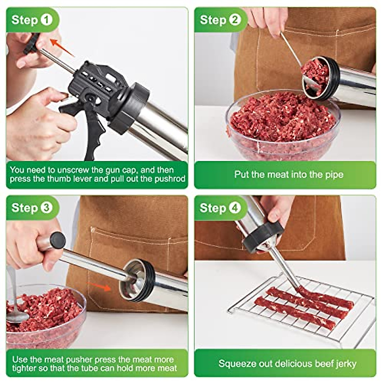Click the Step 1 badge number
(x=47, y=20)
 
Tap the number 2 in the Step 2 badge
(x=235, y=20)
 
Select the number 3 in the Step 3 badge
(x=47, y=208)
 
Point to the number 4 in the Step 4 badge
(x=235, y=208)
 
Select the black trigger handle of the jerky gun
(x=93, y=128)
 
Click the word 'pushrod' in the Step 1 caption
(x=170, y=179)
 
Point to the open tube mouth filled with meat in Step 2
(x=316, y=77)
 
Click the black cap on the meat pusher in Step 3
(x=58, y=240)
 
